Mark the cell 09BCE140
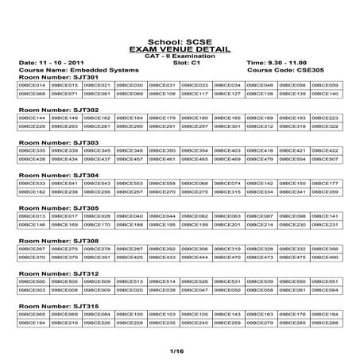tap(325, 94)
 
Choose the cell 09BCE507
tap(325, 159)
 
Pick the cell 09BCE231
tap(325, 225)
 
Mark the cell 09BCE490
tap(325, 257)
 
